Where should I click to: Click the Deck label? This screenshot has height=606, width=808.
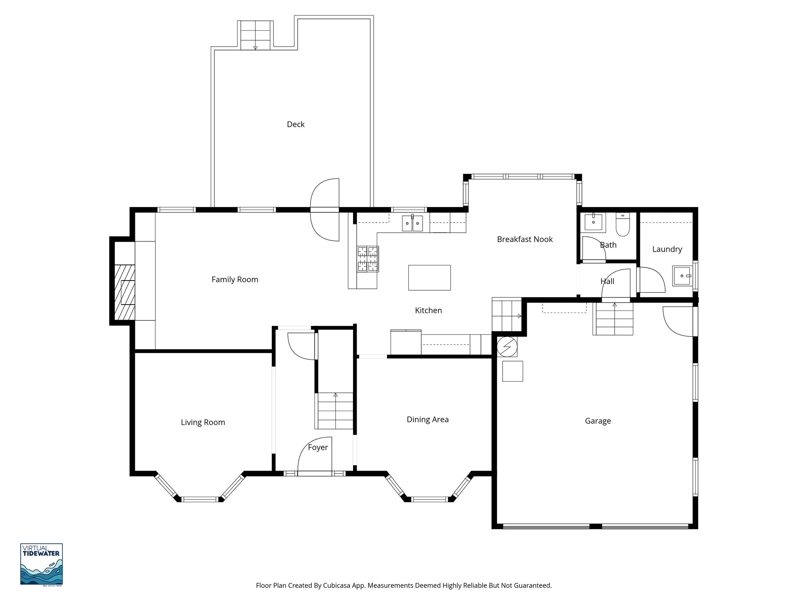(x=296, y=124)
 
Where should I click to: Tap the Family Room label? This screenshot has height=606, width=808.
(x=235, y=279)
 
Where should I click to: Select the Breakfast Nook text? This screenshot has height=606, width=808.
(x=524, y=239)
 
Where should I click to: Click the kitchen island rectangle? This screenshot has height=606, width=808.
(x=429, y=278)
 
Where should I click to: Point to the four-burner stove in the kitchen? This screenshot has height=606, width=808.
(x=368, y=259)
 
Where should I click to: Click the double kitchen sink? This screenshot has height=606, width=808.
(x=412, y=223)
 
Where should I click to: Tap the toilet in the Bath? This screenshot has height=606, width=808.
(x=623, y=225)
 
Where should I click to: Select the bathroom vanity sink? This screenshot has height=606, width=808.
(x=593, y=222)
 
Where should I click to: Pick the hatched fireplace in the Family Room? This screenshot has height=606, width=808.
(x=125, y=292)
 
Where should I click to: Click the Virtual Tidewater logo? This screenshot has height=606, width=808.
(x=41, y=564)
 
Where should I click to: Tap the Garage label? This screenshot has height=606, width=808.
(x=598, y=421)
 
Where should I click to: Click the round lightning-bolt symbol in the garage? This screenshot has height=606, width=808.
(x=507, y=347)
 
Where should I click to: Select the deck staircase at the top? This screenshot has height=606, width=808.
(x=255, y=36)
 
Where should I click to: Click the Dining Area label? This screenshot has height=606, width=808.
(x=427, y=419)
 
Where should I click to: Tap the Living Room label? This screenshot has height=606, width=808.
(x=203, y=422)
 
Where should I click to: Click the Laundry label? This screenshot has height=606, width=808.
(x=667, y=249)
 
